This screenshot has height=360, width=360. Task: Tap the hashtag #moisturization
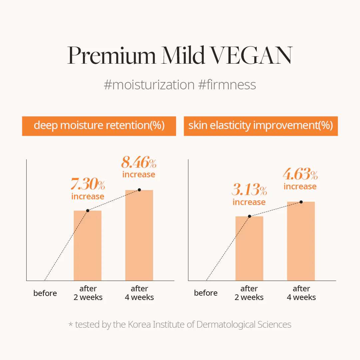click(149, 85)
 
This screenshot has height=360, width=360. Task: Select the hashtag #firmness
click(227, 85)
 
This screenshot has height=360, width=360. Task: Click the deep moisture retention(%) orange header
click(99, 126)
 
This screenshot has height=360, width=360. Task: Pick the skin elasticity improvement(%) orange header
click(261, 126)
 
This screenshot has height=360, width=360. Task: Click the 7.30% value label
click(88, 184)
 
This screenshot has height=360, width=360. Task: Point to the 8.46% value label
click(139, 163)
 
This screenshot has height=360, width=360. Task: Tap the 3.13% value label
click(249, 190)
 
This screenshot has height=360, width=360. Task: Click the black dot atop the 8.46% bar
click(139, 190)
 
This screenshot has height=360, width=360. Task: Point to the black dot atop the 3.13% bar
click(249, 216)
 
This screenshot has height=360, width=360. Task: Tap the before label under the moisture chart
click(45, 293)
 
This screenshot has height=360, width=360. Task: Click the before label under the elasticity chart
click(206, 293)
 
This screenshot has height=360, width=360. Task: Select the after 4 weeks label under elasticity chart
click(301, 293)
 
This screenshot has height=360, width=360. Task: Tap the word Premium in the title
click(112, 55)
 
